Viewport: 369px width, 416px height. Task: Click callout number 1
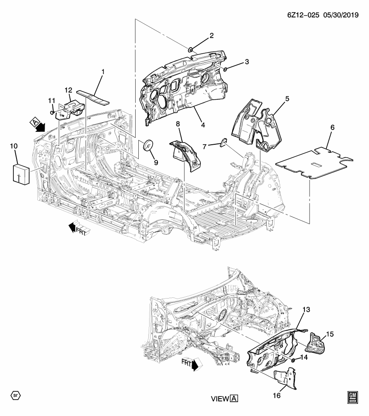[x=103, y=71]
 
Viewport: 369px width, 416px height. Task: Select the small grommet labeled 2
[x=190, y=50]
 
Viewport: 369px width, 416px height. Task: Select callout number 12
[x=68, y=90]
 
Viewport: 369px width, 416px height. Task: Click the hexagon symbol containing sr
[x=15, y=396]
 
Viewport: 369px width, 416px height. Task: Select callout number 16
[x=276, y=396]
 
